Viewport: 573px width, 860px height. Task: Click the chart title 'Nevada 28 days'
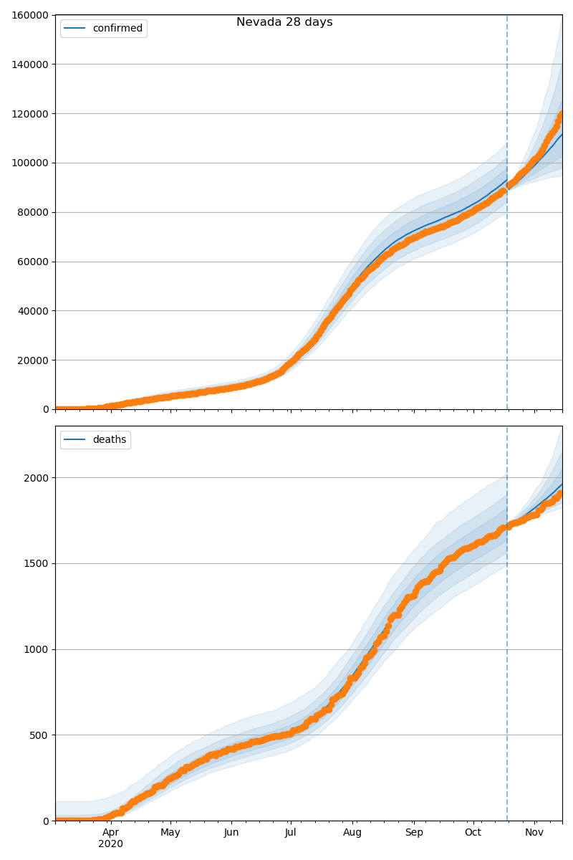click(284, 22)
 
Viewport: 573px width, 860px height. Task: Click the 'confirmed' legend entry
click(117, 29)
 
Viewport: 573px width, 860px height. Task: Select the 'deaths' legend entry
click(109, 440)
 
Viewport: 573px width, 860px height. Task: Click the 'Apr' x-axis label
click(110, 833)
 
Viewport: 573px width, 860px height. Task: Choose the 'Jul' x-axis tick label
click(290, 833)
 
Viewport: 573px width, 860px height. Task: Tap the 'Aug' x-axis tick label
click(352, 833)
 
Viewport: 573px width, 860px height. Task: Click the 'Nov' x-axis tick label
click(534, 833)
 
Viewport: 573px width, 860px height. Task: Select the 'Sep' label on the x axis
click(414, 833)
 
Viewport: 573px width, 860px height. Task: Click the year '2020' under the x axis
click(110, 844)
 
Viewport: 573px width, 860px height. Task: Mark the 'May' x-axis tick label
click(170, 833)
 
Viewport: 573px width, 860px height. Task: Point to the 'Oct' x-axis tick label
click(473, 833)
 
